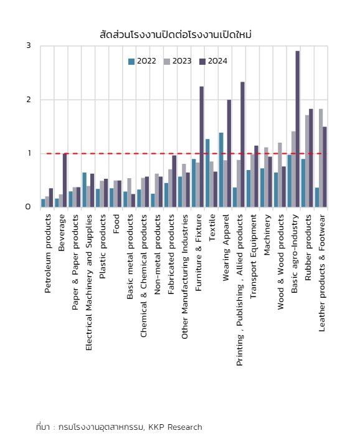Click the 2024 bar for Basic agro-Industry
[298, 129]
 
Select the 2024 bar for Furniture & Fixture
[202, 147]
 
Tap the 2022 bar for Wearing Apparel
[221, 170]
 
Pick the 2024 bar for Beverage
[65, 181]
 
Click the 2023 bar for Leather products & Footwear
[321, 158]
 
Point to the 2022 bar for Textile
[207, 173]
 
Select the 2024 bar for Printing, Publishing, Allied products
[242, 145]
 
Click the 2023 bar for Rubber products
[307, 161]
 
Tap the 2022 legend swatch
[131, 62]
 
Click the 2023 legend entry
[178, 61]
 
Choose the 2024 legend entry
[213, 61]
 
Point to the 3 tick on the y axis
[29, 45]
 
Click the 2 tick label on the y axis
[29, 100]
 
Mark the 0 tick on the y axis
[28, 207]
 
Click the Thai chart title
[176, 35]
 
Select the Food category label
[116, 224]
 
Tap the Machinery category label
[267, 235]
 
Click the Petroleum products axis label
[48, 254]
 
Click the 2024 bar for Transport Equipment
[256, 176]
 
